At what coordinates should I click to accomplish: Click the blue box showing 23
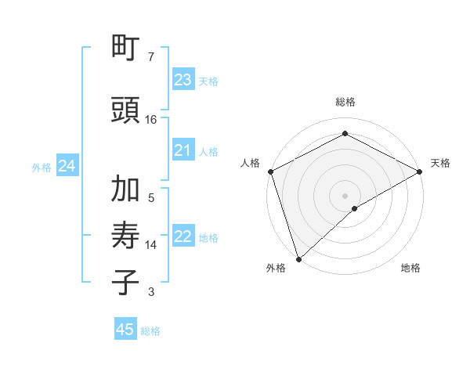183,80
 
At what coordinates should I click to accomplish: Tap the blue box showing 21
183,151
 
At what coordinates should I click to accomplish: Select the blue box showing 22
183,237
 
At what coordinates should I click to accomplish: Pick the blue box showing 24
67,166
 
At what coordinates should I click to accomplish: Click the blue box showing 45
125,330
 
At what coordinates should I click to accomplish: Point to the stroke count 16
151,120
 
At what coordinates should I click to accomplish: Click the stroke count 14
151,245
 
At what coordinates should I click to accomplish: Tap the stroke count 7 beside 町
150,57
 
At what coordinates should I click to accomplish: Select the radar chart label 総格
345,103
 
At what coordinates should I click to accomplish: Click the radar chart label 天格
440,163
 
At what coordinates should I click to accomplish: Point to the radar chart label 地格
410,268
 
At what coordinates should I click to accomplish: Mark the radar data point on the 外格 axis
298,258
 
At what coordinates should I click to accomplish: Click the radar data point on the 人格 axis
270,171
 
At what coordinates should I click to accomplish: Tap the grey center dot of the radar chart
345,195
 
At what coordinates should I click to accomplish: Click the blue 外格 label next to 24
42,167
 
